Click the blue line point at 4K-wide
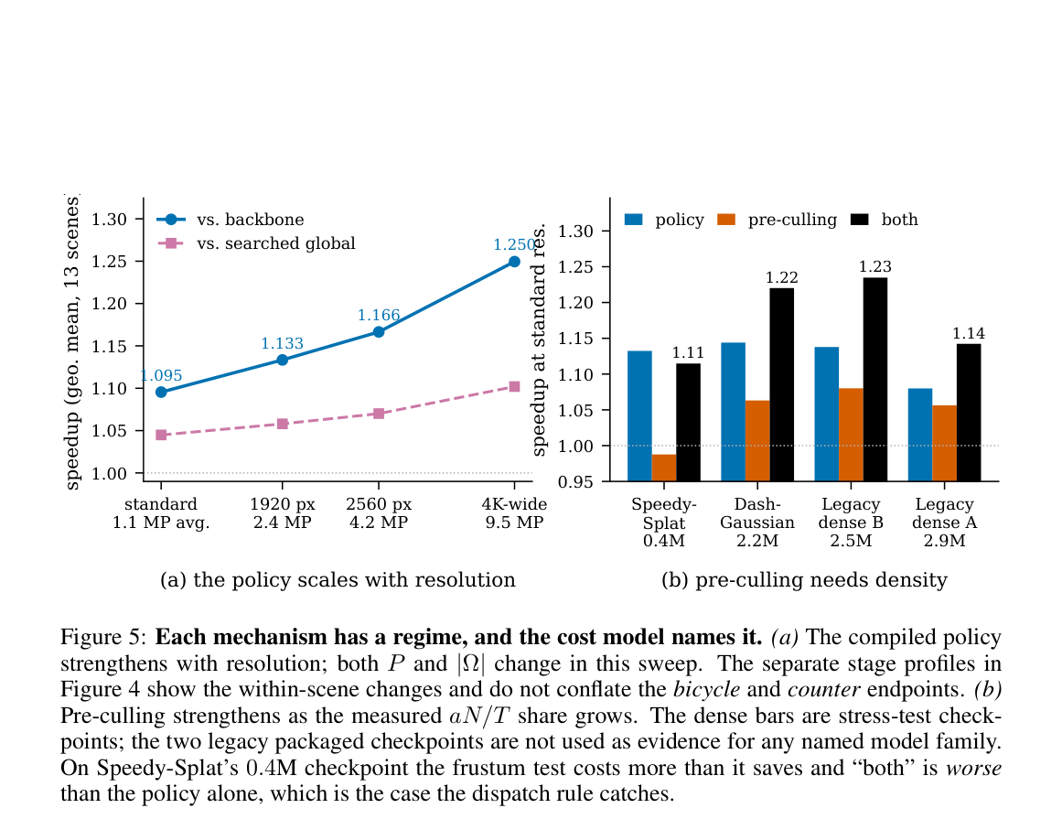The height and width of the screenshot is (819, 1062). [x=514, y=262]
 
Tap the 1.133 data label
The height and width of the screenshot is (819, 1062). [x=283, y=343]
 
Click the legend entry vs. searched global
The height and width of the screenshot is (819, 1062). [x=257, y=243]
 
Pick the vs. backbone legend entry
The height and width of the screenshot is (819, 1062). [x=231, y=220]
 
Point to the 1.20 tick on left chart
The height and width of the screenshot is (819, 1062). [x=109, y=304]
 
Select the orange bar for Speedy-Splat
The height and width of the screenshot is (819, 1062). [x=664, y=468]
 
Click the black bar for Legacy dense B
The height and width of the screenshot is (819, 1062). [x=875, y=380]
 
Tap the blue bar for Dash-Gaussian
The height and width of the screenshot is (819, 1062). [x=733, y=412]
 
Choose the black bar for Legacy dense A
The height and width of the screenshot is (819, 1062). [x=969, y=413]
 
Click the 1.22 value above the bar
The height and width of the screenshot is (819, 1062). [x=781, y=278]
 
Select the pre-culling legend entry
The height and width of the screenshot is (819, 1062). [x=777, y=220]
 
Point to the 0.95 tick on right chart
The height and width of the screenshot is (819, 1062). [x=575, y=481]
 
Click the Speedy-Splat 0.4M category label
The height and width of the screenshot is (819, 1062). [x=664, y=523]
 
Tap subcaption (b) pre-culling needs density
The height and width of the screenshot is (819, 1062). [x=804, y=580]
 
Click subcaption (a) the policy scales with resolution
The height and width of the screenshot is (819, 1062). [x=338, y=580]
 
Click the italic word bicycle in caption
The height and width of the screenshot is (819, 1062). [x=706, y=690]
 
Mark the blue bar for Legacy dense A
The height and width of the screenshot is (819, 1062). [x=920, y=435]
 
